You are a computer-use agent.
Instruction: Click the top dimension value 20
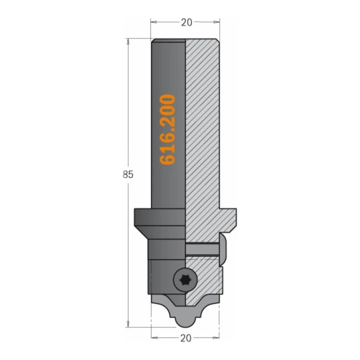(x=186, y=22)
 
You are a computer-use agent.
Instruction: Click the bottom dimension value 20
(x=186, y=338)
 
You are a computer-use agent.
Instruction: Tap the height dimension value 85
(x=128, y=175)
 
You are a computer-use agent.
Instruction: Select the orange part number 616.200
(x=168, y=130)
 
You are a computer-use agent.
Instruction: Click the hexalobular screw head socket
(x=185, y=280)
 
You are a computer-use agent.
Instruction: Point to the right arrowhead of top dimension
(x=216, y=22)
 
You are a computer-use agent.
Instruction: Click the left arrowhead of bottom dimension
(x=154, y=338)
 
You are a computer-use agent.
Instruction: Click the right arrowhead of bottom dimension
(x=216, y=338)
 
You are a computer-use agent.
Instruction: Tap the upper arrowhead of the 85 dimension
(x=128, y=42)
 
